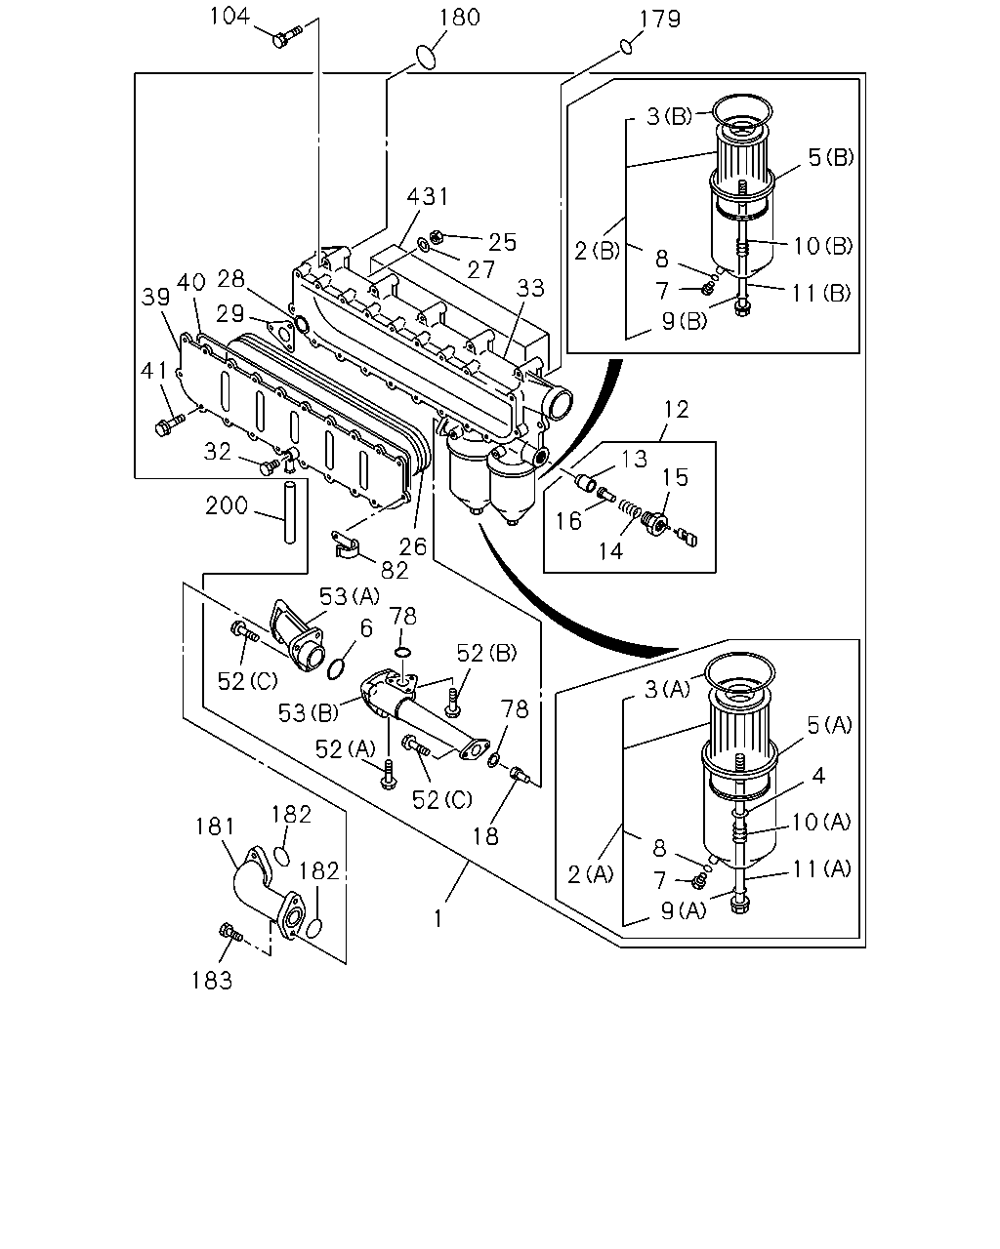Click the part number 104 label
229,16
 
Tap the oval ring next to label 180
427,58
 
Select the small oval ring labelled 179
626,46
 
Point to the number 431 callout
428,197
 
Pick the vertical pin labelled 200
289,510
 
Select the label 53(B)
309,712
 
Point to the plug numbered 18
518,774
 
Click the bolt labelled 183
230,932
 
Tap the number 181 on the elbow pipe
215,826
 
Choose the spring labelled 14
628,509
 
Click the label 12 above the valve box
677,410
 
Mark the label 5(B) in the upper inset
831,157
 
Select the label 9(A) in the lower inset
684,910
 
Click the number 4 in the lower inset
818,776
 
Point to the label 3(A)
668,690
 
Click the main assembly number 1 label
438,919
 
